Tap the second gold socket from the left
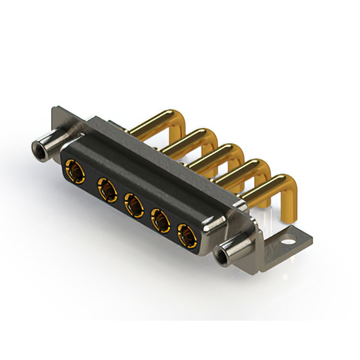(105, 188)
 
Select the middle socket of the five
(133, 205)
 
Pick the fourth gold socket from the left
(160, 220)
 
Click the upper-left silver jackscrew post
(48, 145)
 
